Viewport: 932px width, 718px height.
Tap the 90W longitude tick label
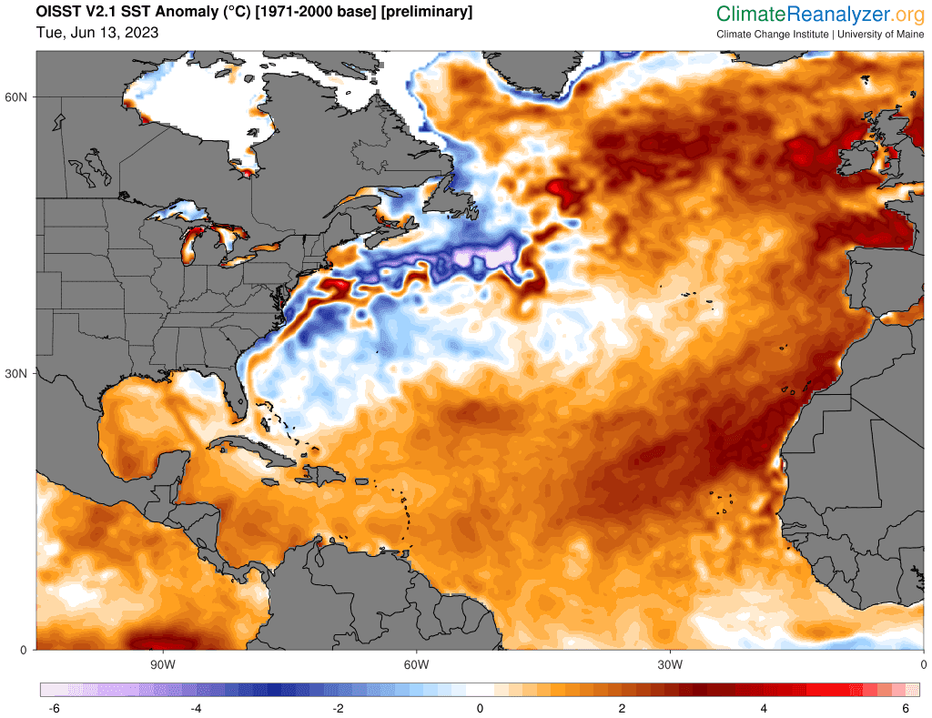pos(162,664)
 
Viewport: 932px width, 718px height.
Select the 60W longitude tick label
pos(416,664)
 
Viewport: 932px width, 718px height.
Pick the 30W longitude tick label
pos(670,664)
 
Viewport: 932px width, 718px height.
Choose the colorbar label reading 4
pos(764,708)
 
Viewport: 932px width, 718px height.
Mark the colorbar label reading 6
pos(906,708)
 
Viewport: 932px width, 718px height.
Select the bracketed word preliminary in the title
pos(423,13)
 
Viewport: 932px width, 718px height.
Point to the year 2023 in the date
pos(141,33)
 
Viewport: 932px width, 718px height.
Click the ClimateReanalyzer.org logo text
pos(820,14)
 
